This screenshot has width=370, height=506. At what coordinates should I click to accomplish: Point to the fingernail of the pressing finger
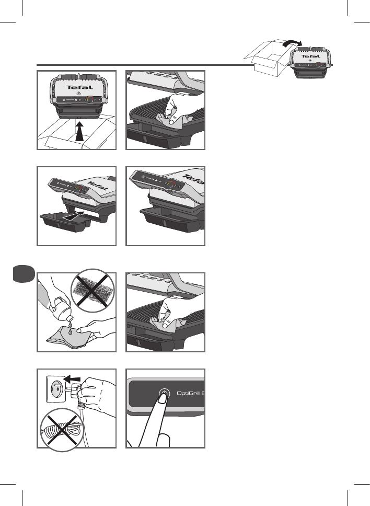point(164,399)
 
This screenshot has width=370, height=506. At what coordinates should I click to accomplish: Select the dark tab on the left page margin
point(22,274)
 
